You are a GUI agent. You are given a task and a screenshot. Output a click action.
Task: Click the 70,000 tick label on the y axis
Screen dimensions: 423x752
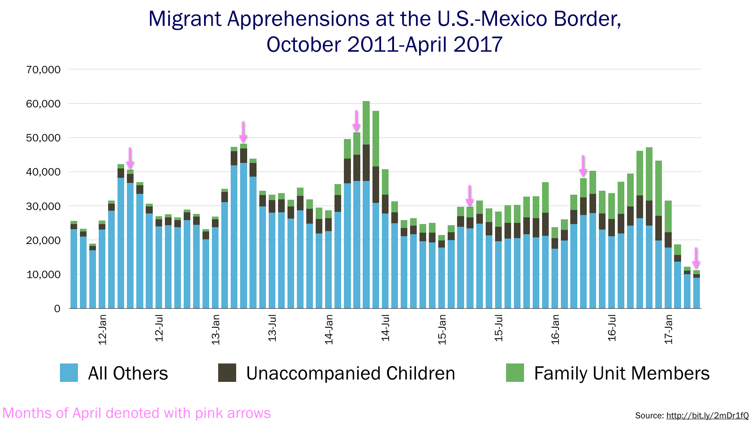tap(43, 70)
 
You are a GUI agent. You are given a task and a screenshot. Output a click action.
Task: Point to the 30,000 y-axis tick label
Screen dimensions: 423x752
tap(43, 206)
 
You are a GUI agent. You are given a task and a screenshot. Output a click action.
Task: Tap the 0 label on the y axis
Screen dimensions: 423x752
tap(57, 309)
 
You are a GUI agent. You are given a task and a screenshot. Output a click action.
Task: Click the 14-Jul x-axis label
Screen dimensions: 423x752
tap(385, 328)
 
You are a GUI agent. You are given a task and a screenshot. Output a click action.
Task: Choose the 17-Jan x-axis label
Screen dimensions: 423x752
tap(669, 329)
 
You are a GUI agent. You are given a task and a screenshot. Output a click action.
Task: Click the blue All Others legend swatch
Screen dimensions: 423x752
tap(69, 372)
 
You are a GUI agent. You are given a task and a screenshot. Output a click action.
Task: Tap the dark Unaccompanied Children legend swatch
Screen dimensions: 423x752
tap(227, 372)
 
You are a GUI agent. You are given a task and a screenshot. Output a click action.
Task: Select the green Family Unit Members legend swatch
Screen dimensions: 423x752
tap(515, 372)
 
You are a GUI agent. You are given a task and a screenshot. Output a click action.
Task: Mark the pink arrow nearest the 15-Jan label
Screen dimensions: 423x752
tap(470, 196)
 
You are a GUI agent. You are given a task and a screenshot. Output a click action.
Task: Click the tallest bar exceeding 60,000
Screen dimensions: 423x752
tap(366, 204)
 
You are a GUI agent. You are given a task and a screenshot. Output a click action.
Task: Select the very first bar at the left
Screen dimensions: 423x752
tap(74, 266)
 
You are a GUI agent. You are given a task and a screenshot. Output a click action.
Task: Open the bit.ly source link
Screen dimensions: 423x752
tap(707, 416)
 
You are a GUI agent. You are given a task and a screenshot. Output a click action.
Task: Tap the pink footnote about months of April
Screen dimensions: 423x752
tap(136, 413)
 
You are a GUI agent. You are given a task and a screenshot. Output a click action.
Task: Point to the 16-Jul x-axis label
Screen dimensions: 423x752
tap(612, 328)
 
